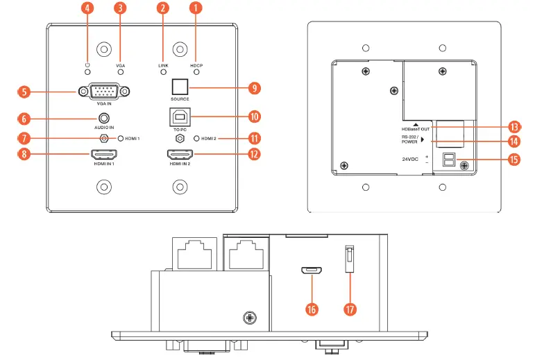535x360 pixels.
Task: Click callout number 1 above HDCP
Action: pyautogui.click(x=196, y=9)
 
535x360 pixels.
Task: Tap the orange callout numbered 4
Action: pyautogui.click(x=87, y=9)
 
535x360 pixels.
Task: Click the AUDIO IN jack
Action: pyautogui.click(x=104, y=120)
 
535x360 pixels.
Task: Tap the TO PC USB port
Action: pyautogui.click(x=180, y=117)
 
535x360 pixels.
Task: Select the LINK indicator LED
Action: pyautogui.click(x=163, y=71)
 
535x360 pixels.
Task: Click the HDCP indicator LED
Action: pyautogui.click(x=196, y=71)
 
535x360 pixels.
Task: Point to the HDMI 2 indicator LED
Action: pyautogui.click(x=196, y=139)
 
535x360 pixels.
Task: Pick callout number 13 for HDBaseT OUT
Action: pyautogui.click(x=514, y=127)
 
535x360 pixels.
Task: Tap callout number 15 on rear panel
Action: pyautogui.click(x=514, y=160)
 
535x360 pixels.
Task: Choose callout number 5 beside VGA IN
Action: pyautogui.click(x=24, y=91)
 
